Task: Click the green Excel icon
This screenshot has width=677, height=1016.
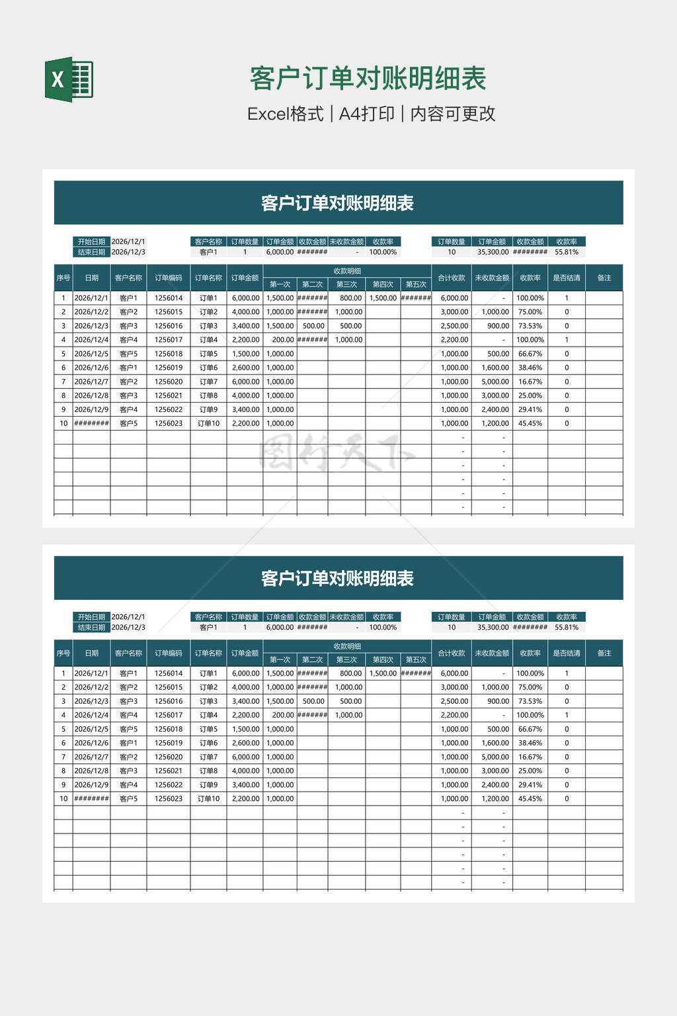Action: [69, 79]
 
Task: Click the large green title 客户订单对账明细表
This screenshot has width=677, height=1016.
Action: [368, 79]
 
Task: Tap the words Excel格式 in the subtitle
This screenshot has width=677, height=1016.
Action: [285, 114]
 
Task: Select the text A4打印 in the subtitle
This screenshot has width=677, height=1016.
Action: [366, 114]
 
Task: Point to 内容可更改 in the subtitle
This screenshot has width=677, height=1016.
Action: [453, 114]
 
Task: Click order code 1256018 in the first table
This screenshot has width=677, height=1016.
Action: [169, 354]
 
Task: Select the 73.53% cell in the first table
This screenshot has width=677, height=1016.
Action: [530, 326]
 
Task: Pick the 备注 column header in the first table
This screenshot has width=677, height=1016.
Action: [604, 278]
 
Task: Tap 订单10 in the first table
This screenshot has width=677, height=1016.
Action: [208, 423]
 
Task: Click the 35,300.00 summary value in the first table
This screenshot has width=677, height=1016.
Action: [493, 252]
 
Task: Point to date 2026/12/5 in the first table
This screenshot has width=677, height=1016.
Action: [91, 354]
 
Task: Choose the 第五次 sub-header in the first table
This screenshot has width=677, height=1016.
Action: [416, 284]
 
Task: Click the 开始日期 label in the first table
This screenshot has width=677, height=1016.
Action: [91, 241]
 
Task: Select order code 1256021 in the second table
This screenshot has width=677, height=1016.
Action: [169, 771]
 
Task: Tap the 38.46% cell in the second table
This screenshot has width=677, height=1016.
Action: [530, 743]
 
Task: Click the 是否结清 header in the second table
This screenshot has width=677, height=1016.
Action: [567, 653]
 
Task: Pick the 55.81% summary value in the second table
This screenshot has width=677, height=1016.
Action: [567, 627]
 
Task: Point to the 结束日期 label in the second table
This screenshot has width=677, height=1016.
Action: [91, 627]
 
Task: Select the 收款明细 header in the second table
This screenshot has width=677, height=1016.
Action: [347, 646]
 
